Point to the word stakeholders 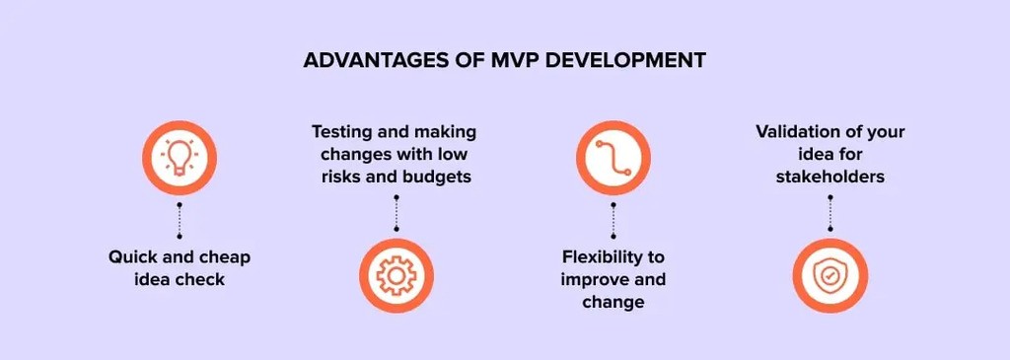[x=830, y=178]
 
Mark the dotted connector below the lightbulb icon [x=180, y=218]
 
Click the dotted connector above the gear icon [x=397, y=213]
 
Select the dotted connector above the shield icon [x=830, y=213]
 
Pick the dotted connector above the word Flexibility [x=613, y=218]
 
